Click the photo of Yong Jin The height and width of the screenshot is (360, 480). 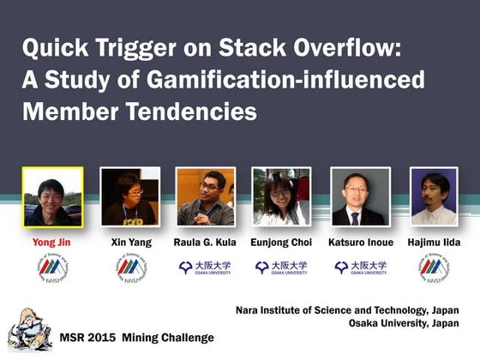tap(52, 196)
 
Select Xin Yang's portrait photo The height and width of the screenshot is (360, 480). tap(130, 196)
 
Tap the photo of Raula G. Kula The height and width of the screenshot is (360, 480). tap(205, 196)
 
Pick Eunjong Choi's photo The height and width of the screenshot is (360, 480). tap(281, 196)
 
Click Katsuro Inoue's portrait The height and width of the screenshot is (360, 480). tap(360, 196)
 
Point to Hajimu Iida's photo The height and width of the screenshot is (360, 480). tap(434, 196)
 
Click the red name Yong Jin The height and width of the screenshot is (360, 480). tap(52, 243)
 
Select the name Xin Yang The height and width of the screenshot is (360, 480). tap(130, 243)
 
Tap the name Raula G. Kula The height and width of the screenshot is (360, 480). tap(205, 243)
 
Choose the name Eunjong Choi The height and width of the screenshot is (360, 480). tap(281, 243)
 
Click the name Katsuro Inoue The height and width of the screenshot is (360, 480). tap(360, 243)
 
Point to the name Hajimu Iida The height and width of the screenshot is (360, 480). tap(434, 243)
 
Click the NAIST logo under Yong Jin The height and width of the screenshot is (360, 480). tap(52, 268)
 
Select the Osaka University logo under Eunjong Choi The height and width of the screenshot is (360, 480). tap(281, 267)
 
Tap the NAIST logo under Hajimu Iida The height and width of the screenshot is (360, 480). tap(434, 268)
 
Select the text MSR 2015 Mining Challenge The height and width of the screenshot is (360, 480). tap(136, 337)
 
